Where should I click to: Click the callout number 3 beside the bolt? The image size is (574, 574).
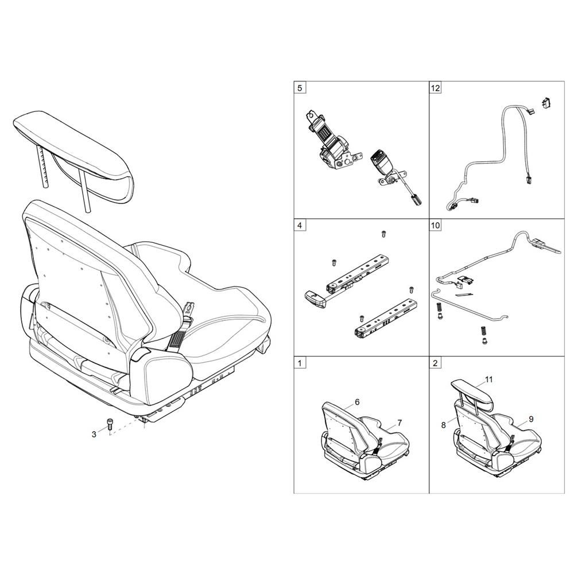pos(94,435)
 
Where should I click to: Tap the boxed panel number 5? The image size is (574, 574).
pos(300,88)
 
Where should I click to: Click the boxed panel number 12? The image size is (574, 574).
pos(436,88)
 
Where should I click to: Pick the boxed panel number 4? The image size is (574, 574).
pos(300,225)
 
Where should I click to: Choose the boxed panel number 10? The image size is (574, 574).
pos(436,225)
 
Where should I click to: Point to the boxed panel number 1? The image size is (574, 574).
pos(300,363)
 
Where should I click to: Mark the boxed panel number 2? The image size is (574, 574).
pos(435,363)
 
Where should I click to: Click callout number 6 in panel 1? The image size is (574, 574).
pos(357,402)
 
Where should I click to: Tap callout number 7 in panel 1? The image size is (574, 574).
pos(400,423)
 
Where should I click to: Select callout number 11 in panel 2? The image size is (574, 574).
pos(489,379)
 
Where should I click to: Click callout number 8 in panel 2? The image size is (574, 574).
pos(444,425)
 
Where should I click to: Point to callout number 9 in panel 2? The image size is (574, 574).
pos(531,419)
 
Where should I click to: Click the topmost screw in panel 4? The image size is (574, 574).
pos(383,233)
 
